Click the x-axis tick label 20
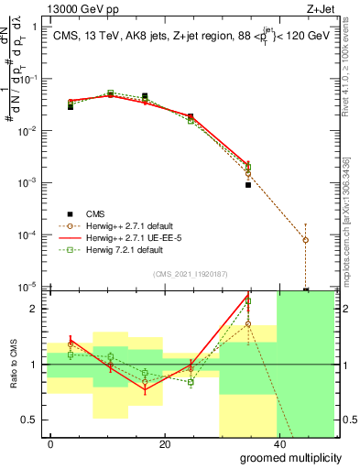[x=164, y=443]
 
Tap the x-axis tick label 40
[x=277, y=443]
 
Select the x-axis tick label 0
[x=51, y=443]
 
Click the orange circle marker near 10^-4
[x=305, y=240]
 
